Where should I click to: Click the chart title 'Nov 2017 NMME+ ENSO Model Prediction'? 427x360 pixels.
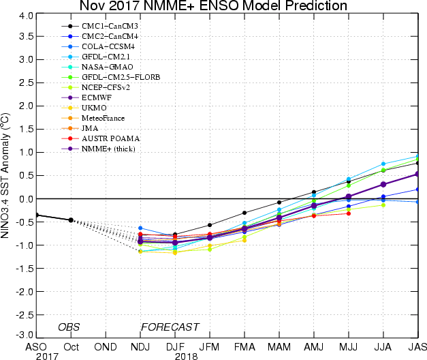[213, 6]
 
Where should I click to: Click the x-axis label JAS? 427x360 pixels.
[417, 346]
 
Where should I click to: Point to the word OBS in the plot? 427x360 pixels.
[68, 327]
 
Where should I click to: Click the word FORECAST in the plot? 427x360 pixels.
[170, 327]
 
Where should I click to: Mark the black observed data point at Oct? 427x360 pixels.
[71, 220]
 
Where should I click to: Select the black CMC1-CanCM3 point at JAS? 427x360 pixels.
[417, 163]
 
